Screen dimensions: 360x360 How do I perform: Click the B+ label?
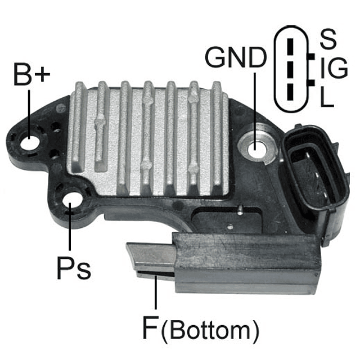pyautogui.click(x=31, y=74)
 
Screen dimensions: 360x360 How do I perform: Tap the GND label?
pyautogui.click(x=236, y=57)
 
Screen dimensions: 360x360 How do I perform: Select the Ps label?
pyautogui.click(x=74, y=268)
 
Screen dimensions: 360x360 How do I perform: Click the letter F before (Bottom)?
pyautogui.click(x=151, y=327)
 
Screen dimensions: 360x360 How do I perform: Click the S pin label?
pyautogui.click(x=328, y=39)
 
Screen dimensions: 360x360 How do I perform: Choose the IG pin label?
pyautogui.click(x=334, y=67)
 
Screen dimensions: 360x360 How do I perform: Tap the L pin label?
pyautogui.click(x=327, y=96)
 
